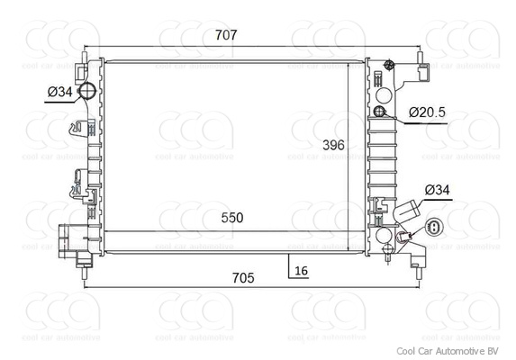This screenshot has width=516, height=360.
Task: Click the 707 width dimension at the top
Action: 226,35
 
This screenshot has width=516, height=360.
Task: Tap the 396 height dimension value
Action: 335,145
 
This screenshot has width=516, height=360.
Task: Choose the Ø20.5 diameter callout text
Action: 427,112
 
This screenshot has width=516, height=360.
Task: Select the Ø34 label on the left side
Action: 59,91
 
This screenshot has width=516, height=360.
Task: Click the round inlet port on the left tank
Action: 88,92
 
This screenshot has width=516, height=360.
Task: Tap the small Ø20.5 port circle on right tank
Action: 380,112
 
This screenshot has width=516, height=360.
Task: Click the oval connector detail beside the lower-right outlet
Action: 434,229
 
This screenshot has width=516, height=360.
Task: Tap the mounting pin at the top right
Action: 421,68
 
